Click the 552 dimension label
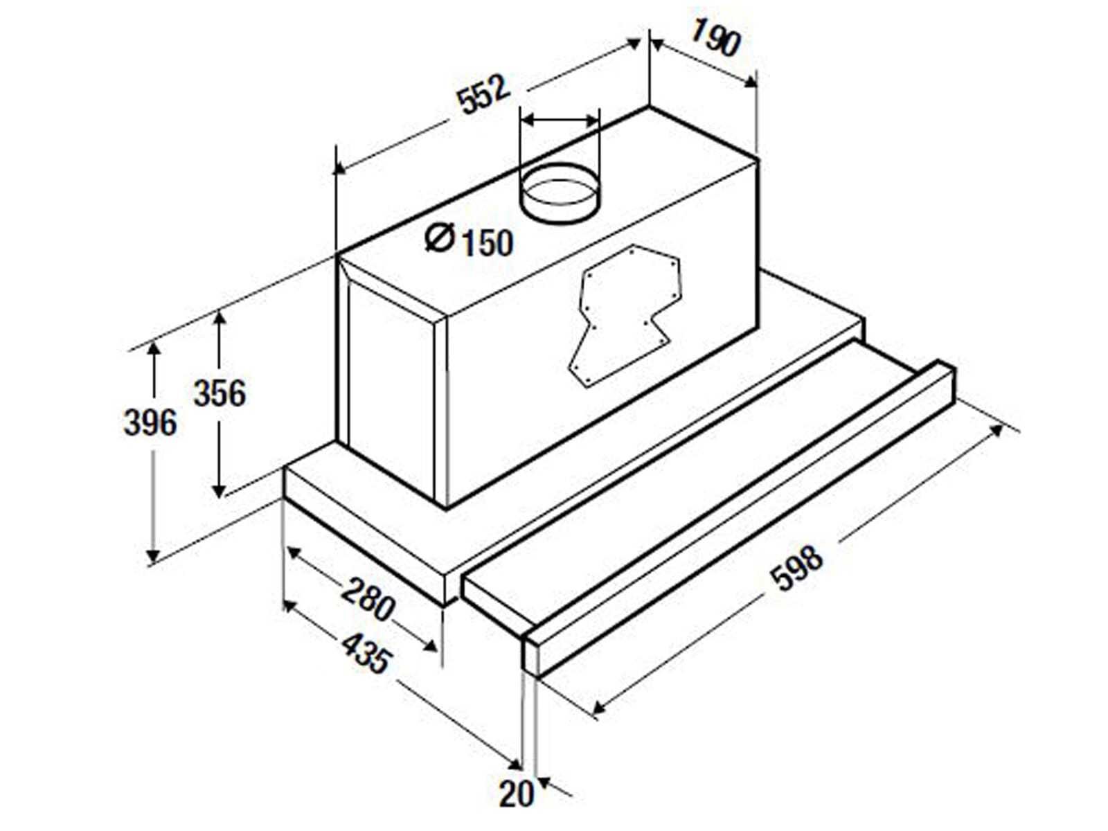[x=483, y=95]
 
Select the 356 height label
[x=220, y=393]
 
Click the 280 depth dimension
[x=368, y=600]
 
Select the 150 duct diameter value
[x=488, y=243]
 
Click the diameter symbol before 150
[x=440, y=238]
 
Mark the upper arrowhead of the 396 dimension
[x=154, y=349]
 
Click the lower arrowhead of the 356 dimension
[x=219, y=490]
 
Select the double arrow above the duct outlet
[x=560, y=121]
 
